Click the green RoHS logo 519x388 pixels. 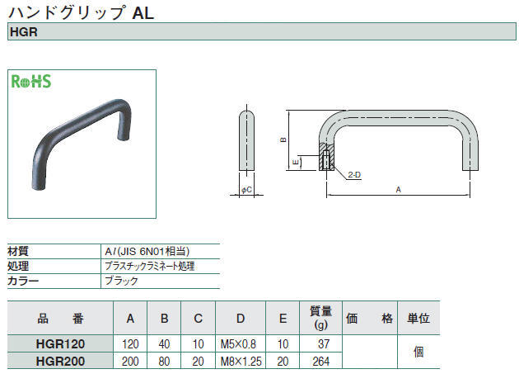coord(31,82)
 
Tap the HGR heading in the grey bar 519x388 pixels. coord(24,32)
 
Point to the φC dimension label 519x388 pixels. coord(246,190)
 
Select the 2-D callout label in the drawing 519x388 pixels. coord(354,175)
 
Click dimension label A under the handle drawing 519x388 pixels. coord(398,190)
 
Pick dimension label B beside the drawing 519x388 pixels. coord(283,140)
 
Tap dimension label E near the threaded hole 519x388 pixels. coord(296,162)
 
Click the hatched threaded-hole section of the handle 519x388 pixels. coord(326,157)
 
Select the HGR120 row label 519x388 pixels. coord(60,344)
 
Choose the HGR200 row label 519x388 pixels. coord(60,361)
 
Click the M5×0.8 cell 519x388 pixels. coord(238,344)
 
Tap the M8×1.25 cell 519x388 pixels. coord(241,361)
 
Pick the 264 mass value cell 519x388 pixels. coord(321,361)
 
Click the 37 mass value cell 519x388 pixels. coord(324,344)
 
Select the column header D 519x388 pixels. coord(241,319)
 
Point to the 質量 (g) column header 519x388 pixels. coord(320,318)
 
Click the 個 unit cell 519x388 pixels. coord(418,352)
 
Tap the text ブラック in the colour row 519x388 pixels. coord(121,281)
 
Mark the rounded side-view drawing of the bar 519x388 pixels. coord(247,140)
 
